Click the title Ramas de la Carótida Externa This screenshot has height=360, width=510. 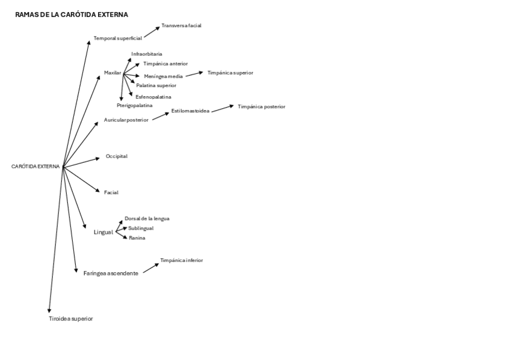pyautogui.click(x=72, y=14)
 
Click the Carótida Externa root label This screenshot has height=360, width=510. pyautogui.click(x=35, y=166)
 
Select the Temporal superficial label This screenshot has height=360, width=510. pyautogui.click(x=117, y=38)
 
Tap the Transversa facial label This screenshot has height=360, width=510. pyautogui.click(x=181, y=26)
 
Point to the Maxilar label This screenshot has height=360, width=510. pyautogui.click(x=112, y=73)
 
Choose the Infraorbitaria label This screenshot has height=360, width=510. pyautogui.click(x=147, y=54)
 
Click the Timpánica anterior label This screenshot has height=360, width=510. pyautogui.click(x=165, y=64)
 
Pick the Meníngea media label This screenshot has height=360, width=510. pyautogui.click(x=163, y=76)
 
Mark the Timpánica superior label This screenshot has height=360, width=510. pyautogui.click(x=230, y=73)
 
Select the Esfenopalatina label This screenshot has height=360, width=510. pyautogui.click(x=153, y=97)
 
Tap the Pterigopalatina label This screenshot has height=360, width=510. pyautogui.click(x=134, y=105)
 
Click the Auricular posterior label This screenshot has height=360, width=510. pyautogui.click(x=126, y=120)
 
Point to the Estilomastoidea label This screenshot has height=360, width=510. pyautogui.click(x=190, y=111)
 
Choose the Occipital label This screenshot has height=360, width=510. pyautogui.click(x=117, y=156)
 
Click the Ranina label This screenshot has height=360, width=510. pyautogui.click(x=137, y=238)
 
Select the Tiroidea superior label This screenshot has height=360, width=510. pyautogui.click(x=71, y=319)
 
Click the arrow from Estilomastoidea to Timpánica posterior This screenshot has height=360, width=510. pyautogui.click(x=223, y=108)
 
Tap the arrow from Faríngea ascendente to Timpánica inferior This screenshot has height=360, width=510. pyautogui.click(x=151, y=268)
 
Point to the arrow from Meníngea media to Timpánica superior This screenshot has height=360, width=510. pyautogui.click(x=194, y=74)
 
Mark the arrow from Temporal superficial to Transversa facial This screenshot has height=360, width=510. pyautogui.click(x=152, y=32)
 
